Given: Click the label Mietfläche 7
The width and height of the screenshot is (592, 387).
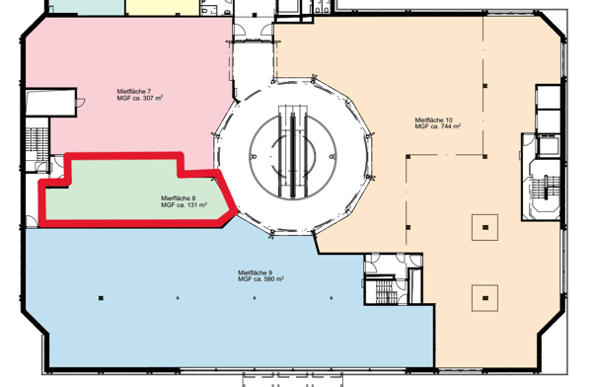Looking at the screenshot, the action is click(134, 92).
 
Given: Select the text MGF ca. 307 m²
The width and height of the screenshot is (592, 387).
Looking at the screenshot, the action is click(140, 98).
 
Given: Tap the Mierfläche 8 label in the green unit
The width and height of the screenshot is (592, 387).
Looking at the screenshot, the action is click(179, 198).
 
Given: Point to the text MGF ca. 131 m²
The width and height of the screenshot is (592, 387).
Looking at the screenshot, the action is click(184, 204).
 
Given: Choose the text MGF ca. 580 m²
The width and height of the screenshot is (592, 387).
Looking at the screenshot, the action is click(260, 279).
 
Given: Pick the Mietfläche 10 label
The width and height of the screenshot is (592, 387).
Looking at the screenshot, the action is click(434, 119).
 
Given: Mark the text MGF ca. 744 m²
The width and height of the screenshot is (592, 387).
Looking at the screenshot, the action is click(437, 126).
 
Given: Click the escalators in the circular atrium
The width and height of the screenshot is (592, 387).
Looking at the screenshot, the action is click(293, 151).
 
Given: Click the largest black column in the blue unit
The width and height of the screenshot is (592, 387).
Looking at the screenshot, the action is click(101, 298).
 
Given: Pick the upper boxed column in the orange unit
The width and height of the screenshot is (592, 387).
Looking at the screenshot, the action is click(485, 227).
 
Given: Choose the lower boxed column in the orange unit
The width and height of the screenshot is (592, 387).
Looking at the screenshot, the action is click(485, 298).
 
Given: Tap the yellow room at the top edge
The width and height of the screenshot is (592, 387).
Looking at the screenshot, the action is click(163, 8).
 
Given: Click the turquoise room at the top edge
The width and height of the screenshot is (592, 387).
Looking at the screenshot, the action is click(87, 8).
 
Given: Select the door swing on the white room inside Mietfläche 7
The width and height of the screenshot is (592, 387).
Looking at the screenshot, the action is click(81, 103).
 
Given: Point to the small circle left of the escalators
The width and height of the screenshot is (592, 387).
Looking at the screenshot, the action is click(255, 156).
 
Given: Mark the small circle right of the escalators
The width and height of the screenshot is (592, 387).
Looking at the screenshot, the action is click(332, 156).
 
